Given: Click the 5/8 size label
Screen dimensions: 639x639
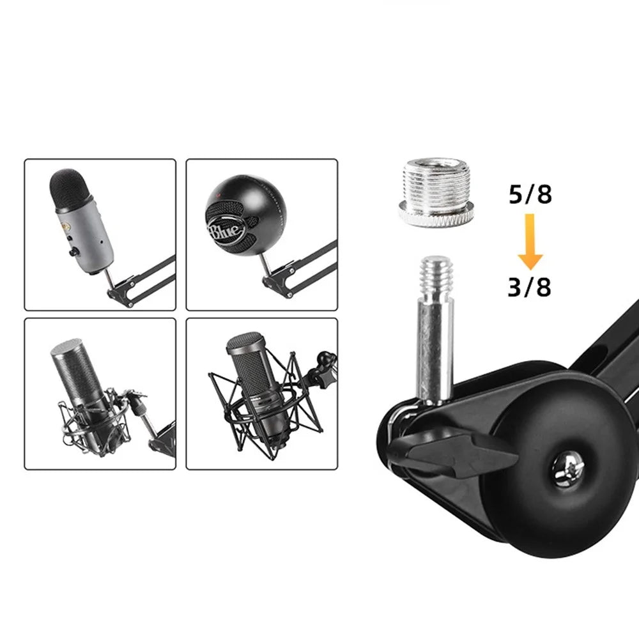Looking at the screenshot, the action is point(530,194).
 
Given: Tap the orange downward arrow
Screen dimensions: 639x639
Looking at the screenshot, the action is point(530,242).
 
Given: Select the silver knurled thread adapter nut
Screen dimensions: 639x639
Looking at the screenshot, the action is point(434,192).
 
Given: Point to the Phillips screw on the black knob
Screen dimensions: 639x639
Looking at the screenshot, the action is point(568,470).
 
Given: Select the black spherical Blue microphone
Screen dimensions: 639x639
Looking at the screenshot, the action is point(245,215).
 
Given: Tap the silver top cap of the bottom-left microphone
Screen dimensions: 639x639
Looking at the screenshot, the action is point(65,346).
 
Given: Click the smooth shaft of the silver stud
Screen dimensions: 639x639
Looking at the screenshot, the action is point(435,350).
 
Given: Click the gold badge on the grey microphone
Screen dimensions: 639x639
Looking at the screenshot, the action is point(64,228).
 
